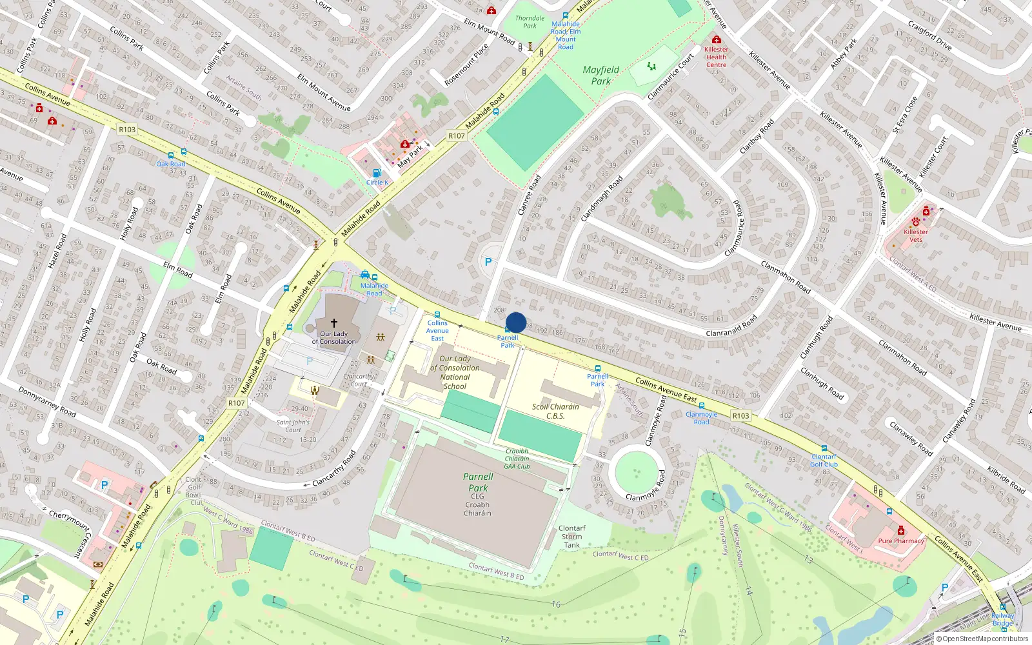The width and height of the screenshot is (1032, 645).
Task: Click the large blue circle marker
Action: pos(516,322)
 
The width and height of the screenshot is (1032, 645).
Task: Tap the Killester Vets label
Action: pos(916,235)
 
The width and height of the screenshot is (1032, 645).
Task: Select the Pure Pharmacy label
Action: pos(900,541)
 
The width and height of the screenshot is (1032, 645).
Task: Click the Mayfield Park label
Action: pos(600,75)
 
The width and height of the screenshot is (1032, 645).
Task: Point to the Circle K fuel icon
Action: pos(377,173)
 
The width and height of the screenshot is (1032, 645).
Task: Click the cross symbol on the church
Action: pos(334,322)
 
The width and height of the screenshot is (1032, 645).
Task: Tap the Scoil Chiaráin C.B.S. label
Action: pos(555,411)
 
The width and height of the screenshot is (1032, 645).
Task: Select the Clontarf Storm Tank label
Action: pos(571,537)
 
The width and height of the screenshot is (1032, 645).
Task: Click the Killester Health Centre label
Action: pos(716,57)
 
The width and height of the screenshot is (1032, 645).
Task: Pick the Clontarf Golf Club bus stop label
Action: pos(824,461)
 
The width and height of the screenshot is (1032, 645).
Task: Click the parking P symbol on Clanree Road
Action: pos(488,262)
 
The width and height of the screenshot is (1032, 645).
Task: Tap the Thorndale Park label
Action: pos(530,22)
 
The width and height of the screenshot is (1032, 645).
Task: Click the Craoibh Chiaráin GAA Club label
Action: pos(517,459)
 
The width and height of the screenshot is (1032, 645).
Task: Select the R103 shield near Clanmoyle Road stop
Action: pos(740,416)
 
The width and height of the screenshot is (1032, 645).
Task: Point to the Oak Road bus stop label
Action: pos(171,164)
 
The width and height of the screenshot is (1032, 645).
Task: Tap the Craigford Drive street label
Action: pos(929,35)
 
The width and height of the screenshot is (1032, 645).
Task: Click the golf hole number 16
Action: pos(556,604)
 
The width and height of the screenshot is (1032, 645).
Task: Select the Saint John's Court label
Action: pos(293,426)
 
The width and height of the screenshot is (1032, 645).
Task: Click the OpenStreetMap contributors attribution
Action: pos(982,639)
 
